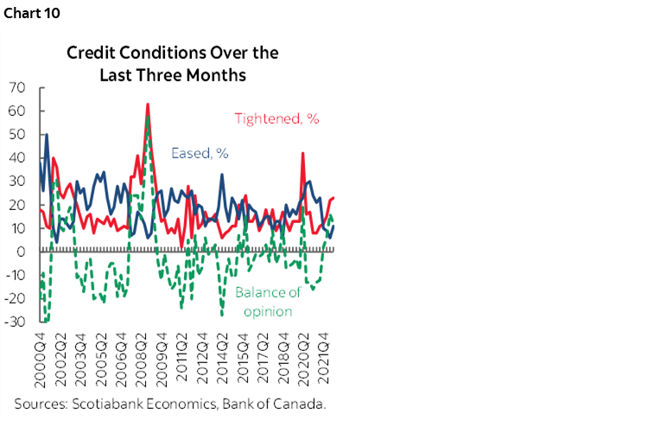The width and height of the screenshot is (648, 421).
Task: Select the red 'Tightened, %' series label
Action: coord(277,119)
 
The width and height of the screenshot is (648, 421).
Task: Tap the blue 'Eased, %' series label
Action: coord(200,153)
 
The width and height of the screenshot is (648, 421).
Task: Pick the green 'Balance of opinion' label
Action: coord(267,302)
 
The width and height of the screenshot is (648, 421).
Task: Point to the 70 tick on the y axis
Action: coord(16,88)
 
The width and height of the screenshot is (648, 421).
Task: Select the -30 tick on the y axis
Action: coord(15,322)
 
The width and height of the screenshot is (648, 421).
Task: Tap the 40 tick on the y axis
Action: coord(16,158)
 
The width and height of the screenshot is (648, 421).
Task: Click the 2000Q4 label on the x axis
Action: coord(41,360)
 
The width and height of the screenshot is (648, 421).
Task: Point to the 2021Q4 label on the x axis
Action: coord(321,360)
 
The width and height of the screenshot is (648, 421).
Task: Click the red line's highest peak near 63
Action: coord(148,105)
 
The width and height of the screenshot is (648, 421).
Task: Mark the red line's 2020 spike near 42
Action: coord(302,154)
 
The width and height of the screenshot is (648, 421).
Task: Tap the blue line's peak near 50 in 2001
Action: coord(47,135)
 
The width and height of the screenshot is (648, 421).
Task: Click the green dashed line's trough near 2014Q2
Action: coord(221,315)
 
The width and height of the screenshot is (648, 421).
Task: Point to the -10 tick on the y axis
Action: coord(15,276)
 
